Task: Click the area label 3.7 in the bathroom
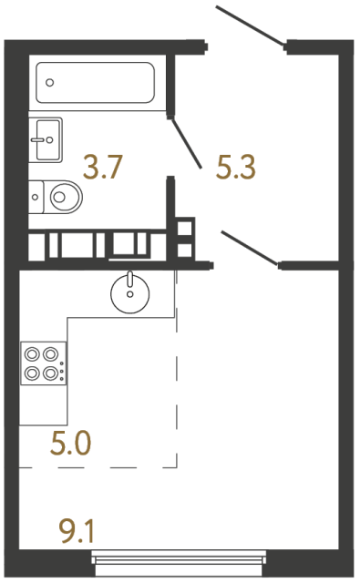tap(103, 167)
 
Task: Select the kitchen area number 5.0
tap(72, 445)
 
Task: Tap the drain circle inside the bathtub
tap(50, 82)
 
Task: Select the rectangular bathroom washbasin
tap(45, 139)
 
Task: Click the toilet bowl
tap(65, 194)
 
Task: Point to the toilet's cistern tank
tap(35, 194)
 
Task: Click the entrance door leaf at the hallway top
tap(251, 26)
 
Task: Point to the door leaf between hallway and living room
tap(250, 249)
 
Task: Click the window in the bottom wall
tap(180, 562)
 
